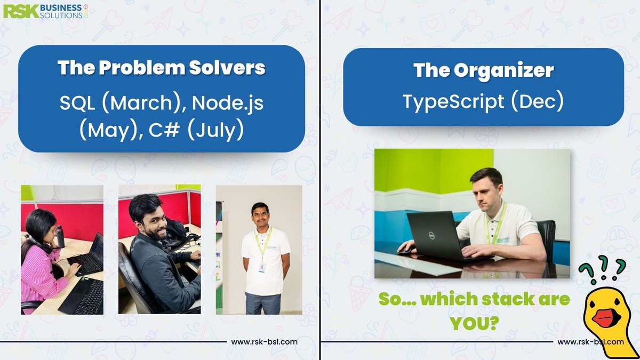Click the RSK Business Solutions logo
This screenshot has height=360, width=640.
46,11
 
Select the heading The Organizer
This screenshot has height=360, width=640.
483,70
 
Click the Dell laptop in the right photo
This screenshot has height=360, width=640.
434,235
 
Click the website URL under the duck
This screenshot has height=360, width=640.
591,342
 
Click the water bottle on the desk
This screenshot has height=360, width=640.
60,236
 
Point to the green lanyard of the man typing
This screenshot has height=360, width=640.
496,224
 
